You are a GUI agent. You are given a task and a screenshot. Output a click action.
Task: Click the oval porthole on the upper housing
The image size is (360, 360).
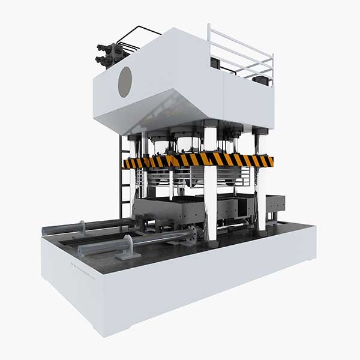125,82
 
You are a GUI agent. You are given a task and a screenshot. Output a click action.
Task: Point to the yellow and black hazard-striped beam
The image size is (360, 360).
198,160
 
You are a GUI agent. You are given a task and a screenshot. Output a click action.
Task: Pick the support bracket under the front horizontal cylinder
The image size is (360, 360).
128,247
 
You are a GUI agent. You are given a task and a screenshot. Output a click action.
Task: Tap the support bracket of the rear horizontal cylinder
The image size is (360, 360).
82,229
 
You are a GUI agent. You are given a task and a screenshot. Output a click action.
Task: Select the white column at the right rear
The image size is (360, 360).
259,180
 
